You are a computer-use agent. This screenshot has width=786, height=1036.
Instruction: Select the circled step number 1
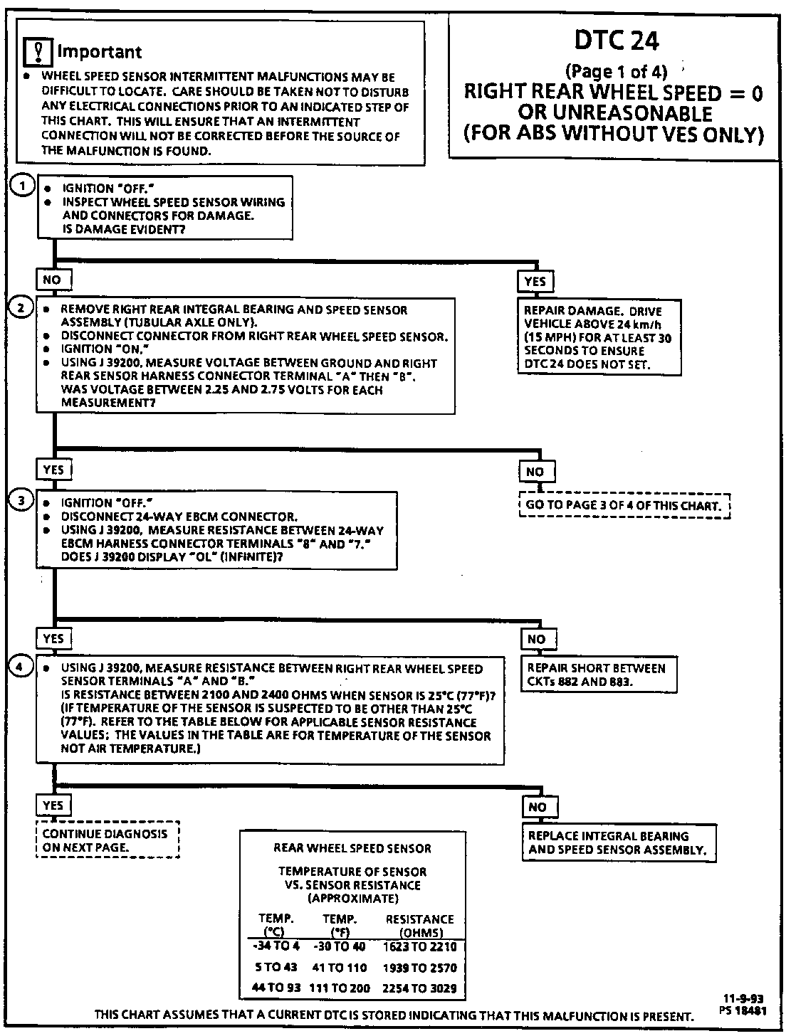pos(23,186)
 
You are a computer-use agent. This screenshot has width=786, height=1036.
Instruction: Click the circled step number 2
pos(21,307)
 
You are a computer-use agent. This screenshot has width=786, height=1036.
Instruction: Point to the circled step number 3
pos(21,500)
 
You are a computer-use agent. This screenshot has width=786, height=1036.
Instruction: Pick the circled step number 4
pos(21,666)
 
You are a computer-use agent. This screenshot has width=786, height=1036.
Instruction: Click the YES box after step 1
pos(535,282)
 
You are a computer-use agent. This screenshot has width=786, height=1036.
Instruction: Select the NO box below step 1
pos(52,280)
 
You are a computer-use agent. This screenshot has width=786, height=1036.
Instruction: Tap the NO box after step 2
pos(535,471)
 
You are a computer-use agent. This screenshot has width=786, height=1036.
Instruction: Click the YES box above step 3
pos(53,470)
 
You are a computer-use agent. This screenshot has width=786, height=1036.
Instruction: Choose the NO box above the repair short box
pos(536,639)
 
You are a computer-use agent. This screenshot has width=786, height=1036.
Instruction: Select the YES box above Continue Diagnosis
pos(53,805)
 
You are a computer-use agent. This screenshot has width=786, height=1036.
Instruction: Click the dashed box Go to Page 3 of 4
pos(624,505)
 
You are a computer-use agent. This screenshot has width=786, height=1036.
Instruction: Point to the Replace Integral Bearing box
pos(618,842)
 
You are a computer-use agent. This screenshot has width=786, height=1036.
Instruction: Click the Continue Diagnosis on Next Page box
pos(107,840)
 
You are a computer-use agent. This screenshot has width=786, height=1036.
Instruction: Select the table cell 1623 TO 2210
pos(419,947)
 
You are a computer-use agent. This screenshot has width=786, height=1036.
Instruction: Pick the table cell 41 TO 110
pos(338,968)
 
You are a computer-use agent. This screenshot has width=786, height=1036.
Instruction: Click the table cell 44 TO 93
pos(276,988)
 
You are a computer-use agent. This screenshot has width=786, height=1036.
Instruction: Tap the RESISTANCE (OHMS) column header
pos(419,926)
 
